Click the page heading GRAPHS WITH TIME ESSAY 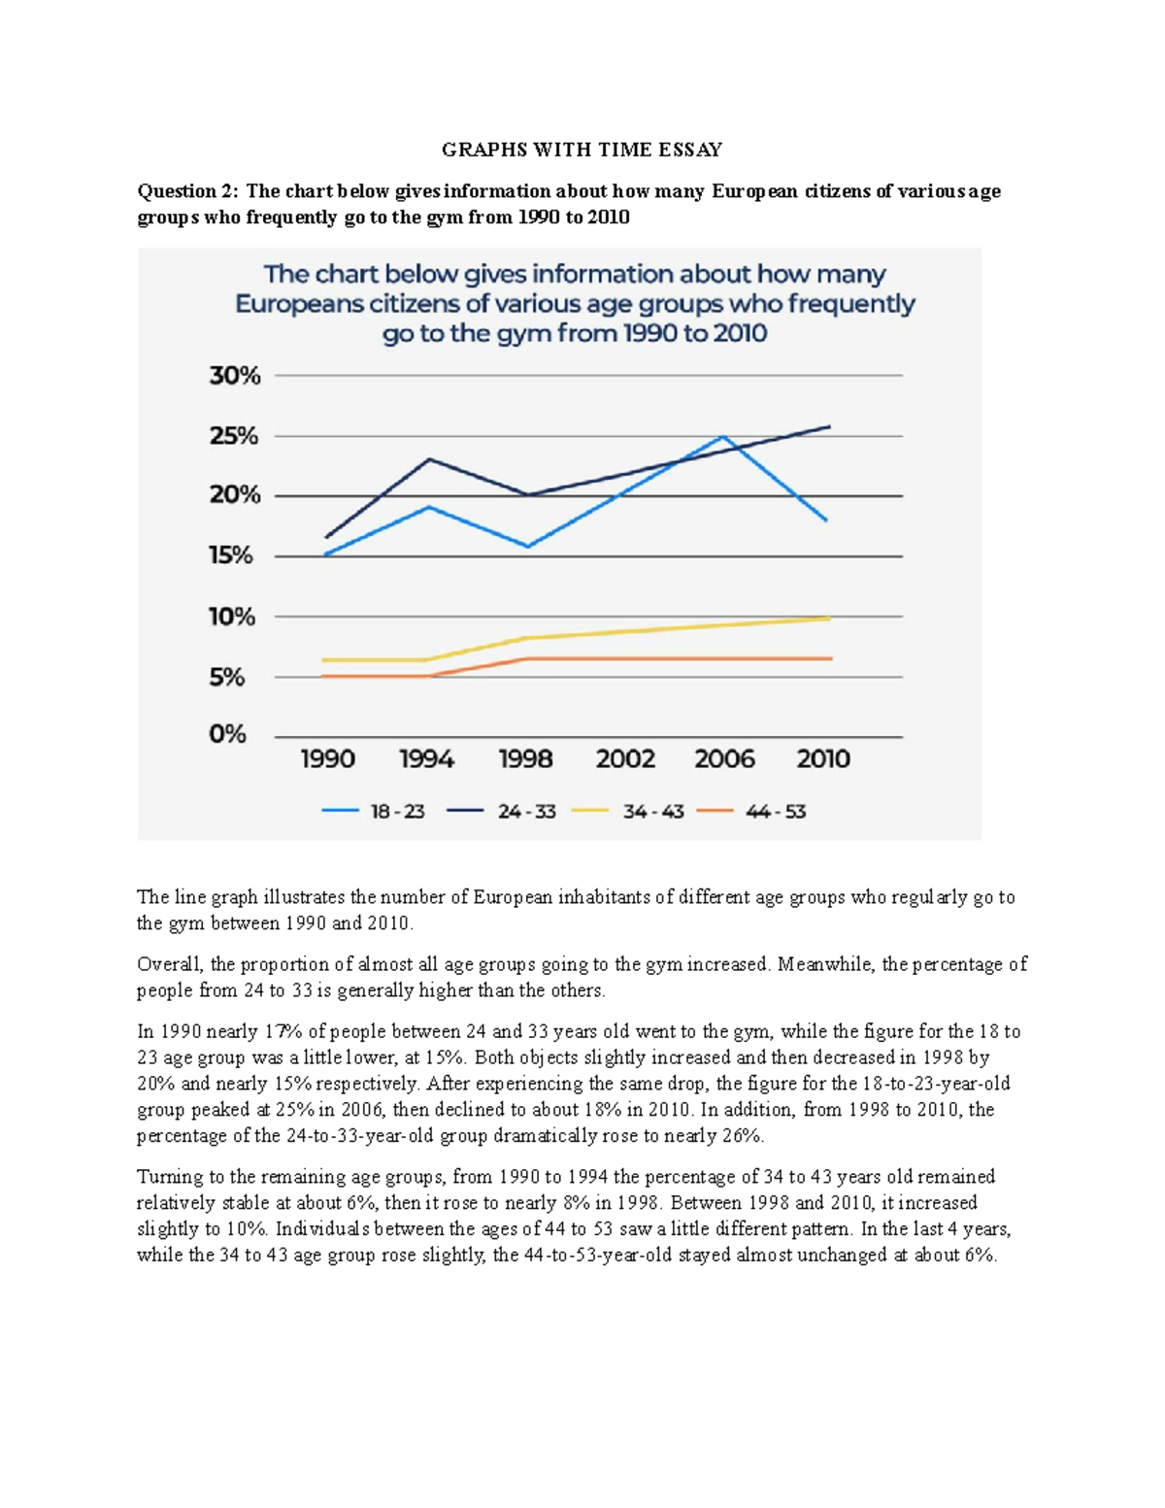[582, 150]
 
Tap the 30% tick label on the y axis [235, 376]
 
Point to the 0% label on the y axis [228, 734]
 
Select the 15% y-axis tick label [231, 555]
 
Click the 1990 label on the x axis [327, 759]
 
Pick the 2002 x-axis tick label [625, 759]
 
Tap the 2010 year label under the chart [823, 759]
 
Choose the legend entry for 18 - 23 [374, 812]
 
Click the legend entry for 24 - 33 [501, 812]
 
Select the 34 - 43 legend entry [628, 812]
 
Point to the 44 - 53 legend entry [751, 812]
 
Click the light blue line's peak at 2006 [723, 437]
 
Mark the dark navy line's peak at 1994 [429, 459]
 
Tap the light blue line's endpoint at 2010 [826, 521]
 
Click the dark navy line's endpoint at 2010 [829, 426]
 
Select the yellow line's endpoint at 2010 [829, 618]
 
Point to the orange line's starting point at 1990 [323, 675]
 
